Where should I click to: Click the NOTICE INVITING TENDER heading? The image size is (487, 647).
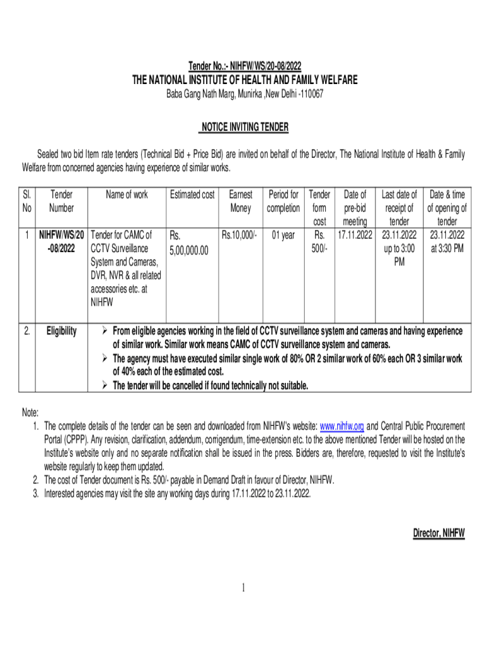point(244,128)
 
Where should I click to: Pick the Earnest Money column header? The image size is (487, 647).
point(240,202)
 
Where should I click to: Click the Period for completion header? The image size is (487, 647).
point(283,202)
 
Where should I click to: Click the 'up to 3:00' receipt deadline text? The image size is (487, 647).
point(399,248)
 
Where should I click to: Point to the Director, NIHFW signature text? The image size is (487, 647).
point(439,533)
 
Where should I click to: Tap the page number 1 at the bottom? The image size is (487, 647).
point(244,589)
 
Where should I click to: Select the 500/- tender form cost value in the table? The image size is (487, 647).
point(319,248)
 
